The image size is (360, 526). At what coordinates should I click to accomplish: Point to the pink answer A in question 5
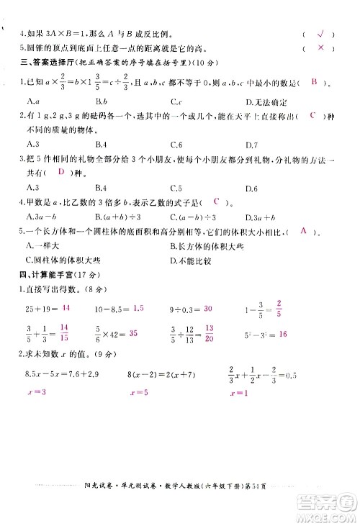pos(304,231)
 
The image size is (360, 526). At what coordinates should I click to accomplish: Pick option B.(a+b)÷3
pos(116,217)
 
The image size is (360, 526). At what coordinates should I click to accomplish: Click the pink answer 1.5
pos(139,307)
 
